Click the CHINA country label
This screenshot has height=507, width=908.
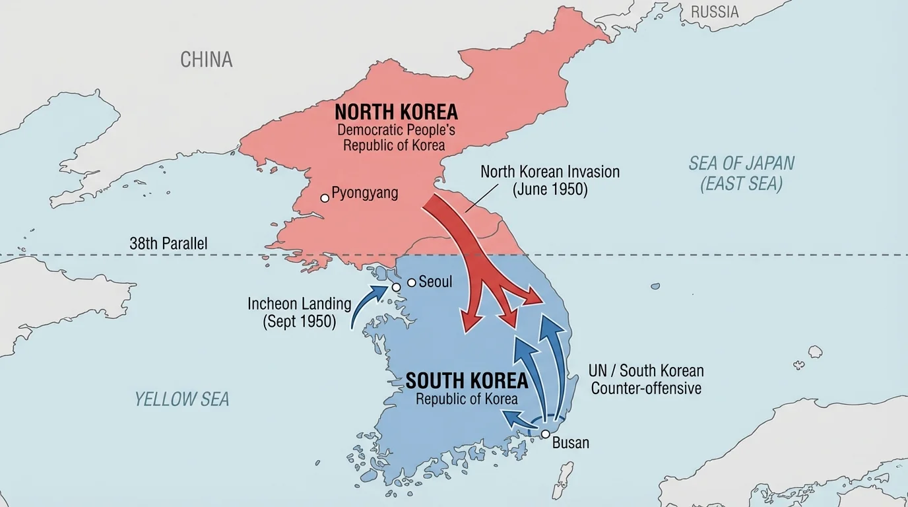[x=207, y=59]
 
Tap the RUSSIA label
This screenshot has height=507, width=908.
[x=715, y=12]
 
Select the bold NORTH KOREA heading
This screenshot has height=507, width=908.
[x=396, y=112]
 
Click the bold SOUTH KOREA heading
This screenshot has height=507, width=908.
[x=467, y=381]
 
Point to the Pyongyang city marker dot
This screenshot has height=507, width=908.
[x=324, y=197]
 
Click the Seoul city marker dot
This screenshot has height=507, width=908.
[x=412, y=283]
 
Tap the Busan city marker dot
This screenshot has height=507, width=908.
[x=546, y=434]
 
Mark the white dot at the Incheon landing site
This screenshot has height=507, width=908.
[x=396, y=287]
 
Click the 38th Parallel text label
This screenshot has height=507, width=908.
[x=168, y=244]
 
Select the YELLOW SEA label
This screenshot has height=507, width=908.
[x=182, y=399]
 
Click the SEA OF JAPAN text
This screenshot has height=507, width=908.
[x=742, y=163]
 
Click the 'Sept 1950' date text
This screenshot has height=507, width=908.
[x=299, y=322]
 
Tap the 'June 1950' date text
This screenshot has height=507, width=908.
[x=550, y=189]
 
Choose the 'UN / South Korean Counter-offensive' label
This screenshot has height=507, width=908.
[x=645, y=380]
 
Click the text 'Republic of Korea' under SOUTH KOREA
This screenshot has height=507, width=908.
[x=467, y=399]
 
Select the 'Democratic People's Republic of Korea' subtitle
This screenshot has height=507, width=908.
[x=396, y=137]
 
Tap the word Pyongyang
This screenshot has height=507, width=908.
[x=364, y=193]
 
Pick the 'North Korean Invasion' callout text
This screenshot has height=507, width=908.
[x=550, y=172]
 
